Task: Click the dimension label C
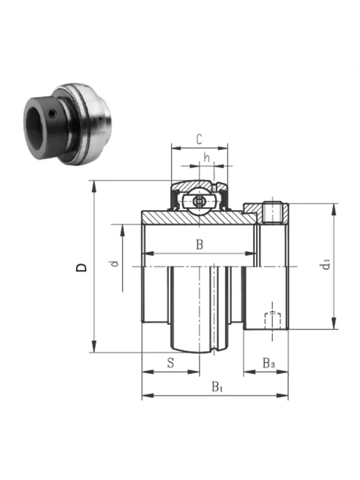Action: click(x=199, y=140)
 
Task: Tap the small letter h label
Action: click(x=207, y=158)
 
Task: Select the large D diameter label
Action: click(x=82, y=267)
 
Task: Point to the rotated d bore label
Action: click(x=115, y=264)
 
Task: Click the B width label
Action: click(x=200, y=245)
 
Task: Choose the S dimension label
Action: click(x=170, y=363)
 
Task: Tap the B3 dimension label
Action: click(x=269, y=363)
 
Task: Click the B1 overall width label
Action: click(x=218, y=387)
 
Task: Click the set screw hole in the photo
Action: click(x=52, y=114)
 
